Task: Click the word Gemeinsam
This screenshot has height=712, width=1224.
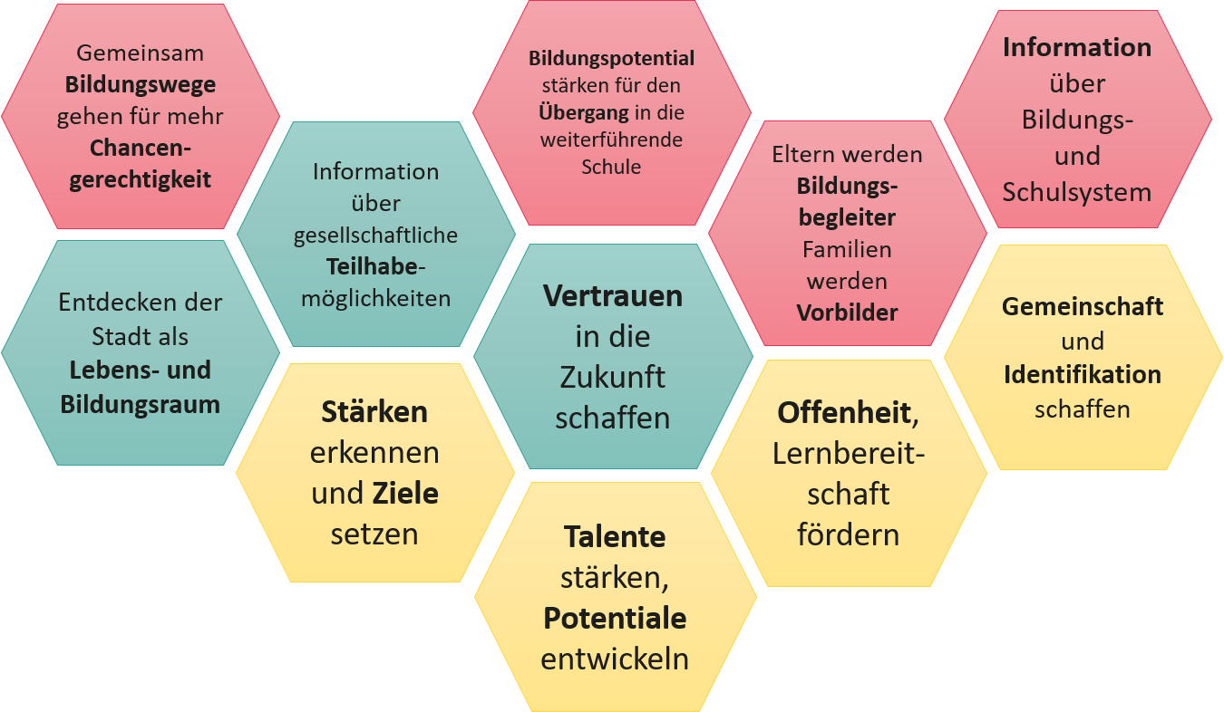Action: pos(141,53)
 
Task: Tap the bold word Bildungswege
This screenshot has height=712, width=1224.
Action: pos(141,84)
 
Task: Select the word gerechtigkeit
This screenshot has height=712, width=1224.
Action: pos(141,178)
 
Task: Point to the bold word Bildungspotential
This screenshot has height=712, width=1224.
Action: pos(612,59)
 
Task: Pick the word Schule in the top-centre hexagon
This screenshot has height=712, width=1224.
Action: pos(612,167)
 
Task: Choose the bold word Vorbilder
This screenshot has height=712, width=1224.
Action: pos(847,313)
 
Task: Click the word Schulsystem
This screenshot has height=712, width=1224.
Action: pos(1077,192)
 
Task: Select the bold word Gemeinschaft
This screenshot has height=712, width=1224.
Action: pos(1083,306)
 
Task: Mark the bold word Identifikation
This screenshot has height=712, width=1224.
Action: pos(1083,374)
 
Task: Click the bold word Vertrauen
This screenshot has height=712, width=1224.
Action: pos(613,295)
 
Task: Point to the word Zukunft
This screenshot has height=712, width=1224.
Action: pos(613,376)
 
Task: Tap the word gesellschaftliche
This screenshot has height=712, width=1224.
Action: pos(375,236)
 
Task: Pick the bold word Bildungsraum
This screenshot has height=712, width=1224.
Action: pos(141,404)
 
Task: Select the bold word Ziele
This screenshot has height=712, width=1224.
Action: pos(405,494)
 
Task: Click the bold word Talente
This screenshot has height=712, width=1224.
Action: pos(615,536)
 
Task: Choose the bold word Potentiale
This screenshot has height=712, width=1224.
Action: pos(615,618)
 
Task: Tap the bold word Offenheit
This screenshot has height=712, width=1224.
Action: pos(844,412)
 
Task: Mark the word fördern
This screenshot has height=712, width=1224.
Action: pos(849,534)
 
